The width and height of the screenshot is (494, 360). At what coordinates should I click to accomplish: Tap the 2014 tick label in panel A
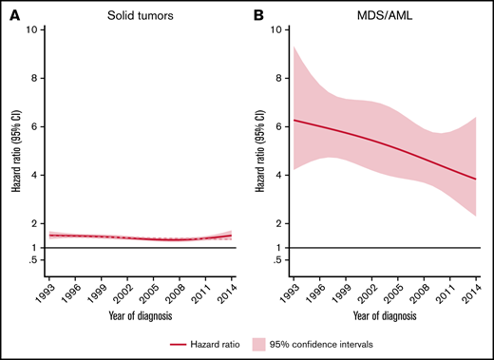(x=231, y=291)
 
